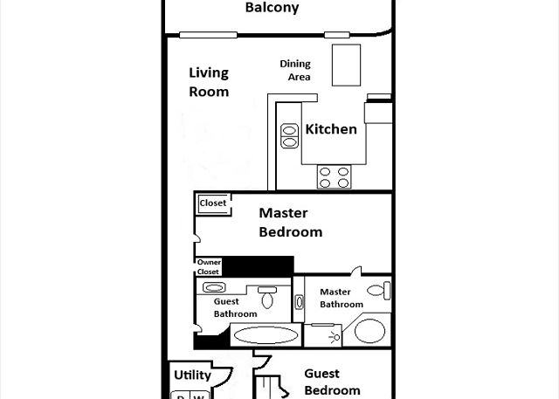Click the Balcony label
[272, 8]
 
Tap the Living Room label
[209, 82]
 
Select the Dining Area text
[295, 70]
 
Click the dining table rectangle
[346, 65]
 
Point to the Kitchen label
[331, 129]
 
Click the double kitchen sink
[289, 136]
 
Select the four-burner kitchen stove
[334, 177]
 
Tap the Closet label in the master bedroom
[213, 203]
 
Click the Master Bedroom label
[291, 223]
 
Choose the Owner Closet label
[209, 267]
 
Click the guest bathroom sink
[214, 287]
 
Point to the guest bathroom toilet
[267, 297]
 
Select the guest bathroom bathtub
[266, 335]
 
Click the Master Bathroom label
[342, 298]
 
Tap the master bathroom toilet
[379, 291]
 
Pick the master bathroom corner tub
[369, 331]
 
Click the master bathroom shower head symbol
[335, 337]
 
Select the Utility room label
[192, 375]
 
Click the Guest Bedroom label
[332, 382]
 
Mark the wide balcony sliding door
[208, 35]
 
